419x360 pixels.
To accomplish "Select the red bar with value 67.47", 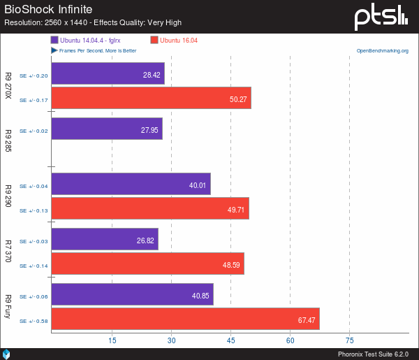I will (x=185, y=321).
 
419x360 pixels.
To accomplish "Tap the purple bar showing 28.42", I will (x=108, y=75).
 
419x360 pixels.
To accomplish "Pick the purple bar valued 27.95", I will (x=106, y=129).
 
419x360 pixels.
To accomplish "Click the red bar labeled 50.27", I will (x=151, y=99).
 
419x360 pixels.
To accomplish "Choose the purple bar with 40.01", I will (x=131, y=185).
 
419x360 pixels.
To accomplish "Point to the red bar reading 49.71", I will (x=149, y=209).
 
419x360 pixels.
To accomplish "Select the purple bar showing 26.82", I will (x=104, y=240).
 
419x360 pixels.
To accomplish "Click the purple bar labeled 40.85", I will (x=132, y=295).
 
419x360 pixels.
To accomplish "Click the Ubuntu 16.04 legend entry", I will (x=175, y=41).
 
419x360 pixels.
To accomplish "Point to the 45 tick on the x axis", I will (x=230, y=340).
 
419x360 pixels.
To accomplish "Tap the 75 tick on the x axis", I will (x=350, y=340).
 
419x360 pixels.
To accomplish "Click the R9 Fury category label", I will (x=8, y=308).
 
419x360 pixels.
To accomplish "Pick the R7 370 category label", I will (x=8, y=252).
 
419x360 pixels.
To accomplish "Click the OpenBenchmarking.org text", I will (x=383, y=51).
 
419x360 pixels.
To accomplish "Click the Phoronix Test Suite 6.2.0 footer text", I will (x=374, y=354).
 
